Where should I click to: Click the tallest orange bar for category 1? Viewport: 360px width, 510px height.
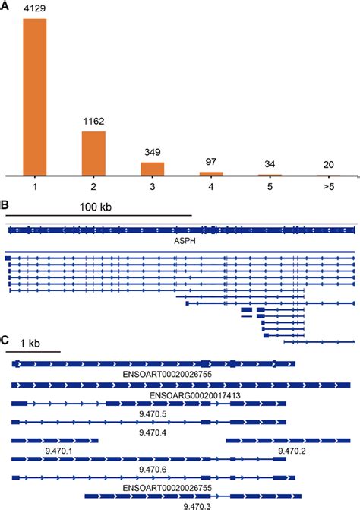pos(35,97)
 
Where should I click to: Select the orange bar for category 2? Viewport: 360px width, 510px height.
pos(94,154)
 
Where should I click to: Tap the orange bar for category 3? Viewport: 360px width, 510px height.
pos(153,169)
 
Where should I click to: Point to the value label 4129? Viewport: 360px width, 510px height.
pos(35,8)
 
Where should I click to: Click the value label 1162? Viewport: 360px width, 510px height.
pos(94,121)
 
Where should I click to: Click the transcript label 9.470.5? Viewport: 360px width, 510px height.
pos(152,413)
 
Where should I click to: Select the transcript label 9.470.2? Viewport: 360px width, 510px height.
pos(291,451)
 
